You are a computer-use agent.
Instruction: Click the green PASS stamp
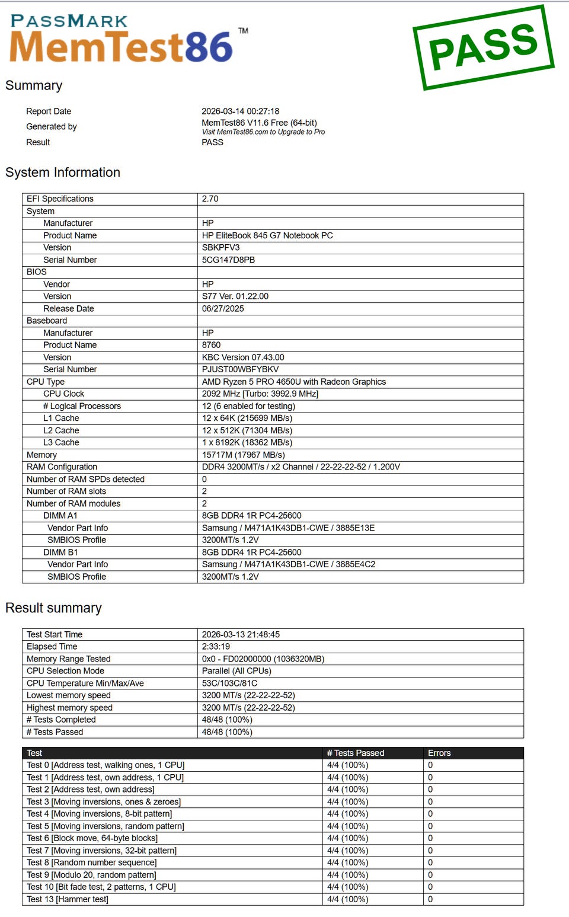pos(483,47)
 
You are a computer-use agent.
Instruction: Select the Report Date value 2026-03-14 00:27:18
pos(240,111)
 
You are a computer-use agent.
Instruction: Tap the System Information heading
pos(63,172)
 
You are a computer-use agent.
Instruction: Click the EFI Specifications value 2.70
pos(210,199)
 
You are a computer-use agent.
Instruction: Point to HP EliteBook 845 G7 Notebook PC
pos(267,236)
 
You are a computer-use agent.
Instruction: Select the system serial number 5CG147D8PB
pos(228,260)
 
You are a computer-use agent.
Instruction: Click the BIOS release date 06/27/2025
pos(223,309)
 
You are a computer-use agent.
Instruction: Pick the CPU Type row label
pos(46,382)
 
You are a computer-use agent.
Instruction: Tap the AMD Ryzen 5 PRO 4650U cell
pos(293,382)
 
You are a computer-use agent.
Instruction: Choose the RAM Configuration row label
pos(62,467)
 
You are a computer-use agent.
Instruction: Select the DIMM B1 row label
pos(60,552)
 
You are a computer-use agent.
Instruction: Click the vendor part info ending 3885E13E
pos(288,528)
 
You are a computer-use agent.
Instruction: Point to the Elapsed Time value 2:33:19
pos(216,647)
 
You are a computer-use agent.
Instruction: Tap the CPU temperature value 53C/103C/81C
pos(229,683)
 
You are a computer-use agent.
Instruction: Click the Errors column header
pos(439,753)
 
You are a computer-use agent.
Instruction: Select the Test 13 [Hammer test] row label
pos(68,900)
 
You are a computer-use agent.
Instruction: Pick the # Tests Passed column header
pos(356,753)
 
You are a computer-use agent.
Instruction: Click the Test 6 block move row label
pos(92,839)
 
